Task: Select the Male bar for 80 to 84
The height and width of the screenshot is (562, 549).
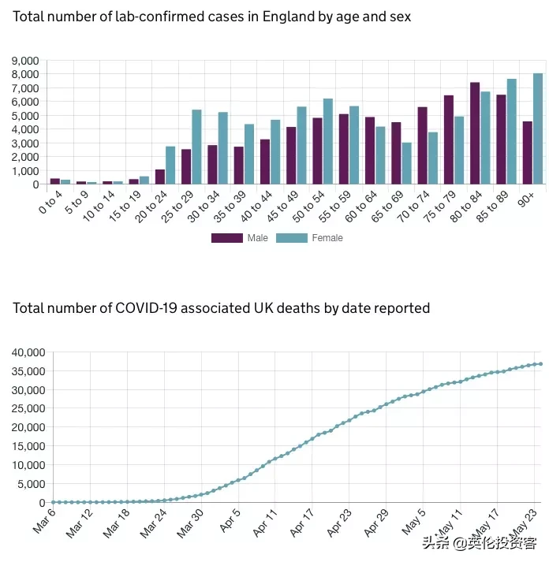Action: [x=475, y=133]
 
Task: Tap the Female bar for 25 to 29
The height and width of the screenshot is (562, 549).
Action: [x=196, y=147]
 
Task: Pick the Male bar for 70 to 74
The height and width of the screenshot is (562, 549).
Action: [x=422, y=145]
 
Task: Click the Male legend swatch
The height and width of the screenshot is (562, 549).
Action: [x=226, y=237]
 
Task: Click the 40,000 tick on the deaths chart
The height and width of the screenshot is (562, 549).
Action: [x=29, y=352]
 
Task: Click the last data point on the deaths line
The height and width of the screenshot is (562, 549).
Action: [x=540, y=364]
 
